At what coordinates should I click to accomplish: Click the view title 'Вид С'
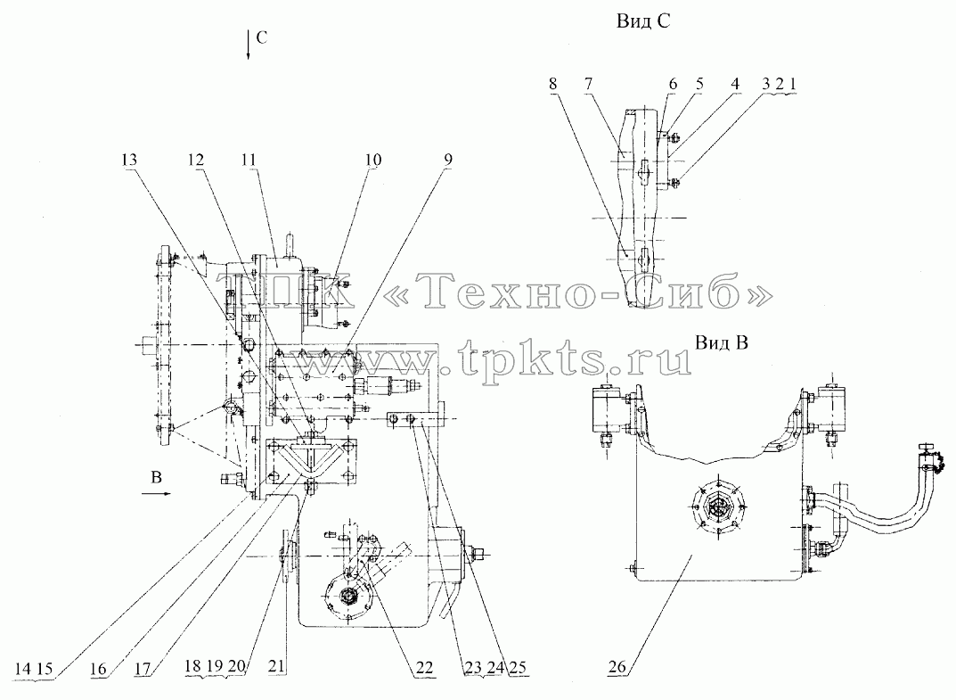click(x=642, y=21)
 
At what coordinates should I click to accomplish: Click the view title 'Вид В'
click(x=722, y=342)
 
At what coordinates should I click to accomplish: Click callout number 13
click(x=129, y=160)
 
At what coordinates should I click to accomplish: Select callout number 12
click(x=195, y=160)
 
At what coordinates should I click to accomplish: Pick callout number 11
click(x=249, y=160)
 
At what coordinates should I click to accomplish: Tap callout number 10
click(x=372, y=160)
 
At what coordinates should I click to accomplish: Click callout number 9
click(x=447, y=160)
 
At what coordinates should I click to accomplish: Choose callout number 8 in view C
click(x=552, y=84)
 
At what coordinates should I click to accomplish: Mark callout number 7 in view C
click(x=588, y=84)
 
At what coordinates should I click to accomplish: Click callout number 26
click(x=617, y=666)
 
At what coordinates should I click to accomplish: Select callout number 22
click(x=424, y=667)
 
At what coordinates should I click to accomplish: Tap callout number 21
click(x=276, y=667)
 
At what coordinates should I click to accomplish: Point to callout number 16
click(x=97, y=669)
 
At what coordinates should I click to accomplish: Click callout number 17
click(x=142, y=669)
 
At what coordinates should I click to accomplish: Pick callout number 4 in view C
click(x=735, y=84)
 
